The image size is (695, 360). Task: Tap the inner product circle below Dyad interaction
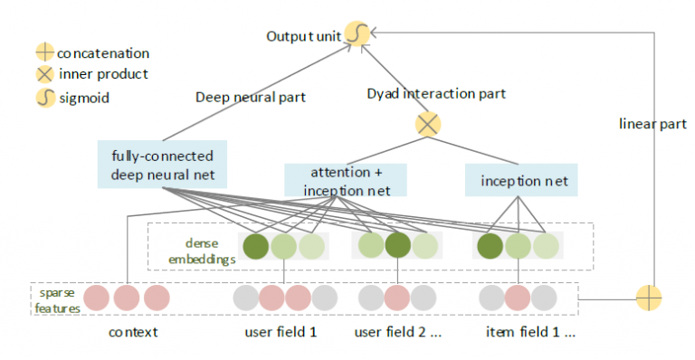(427, 124)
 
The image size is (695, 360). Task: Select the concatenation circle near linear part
(650, 297)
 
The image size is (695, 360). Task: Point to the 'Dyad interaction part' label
(435, 93)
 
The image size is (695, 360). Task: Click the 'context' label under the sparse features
(133, 332)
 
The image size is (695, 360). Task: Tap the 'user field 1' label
(281, 332)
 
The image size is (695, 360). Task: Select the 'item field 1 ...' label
(531, 332)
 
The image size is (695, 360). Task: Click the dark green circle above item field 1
(490, 246)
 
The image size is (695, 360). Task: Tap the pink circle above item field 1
(517, 297)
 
